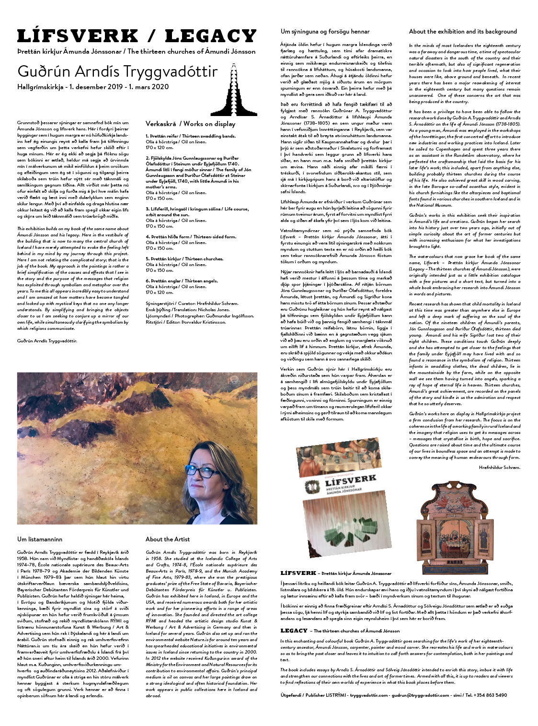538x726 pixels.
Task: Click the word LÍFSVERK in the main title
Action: [78, 36]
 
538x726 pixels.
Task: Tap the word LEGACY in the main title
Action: [210, 36]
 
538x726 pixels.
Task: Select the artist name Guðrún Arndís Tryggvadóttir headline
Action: [117, 71]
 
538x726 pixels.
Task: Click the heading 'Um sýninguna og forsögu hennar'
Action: [325, 32]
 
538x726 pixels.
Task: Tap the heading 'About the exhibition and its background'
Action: [462, 32]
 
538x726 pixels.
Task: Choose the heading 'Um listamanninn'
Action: [40, 539]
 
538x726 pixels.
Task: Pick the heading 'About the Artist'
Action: [167, 539]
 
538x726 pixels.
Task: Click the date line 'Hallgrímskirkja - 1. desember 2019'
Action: [93, 87]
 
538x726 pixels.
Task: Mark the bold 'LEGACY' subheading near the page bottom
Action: [294, 631]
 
